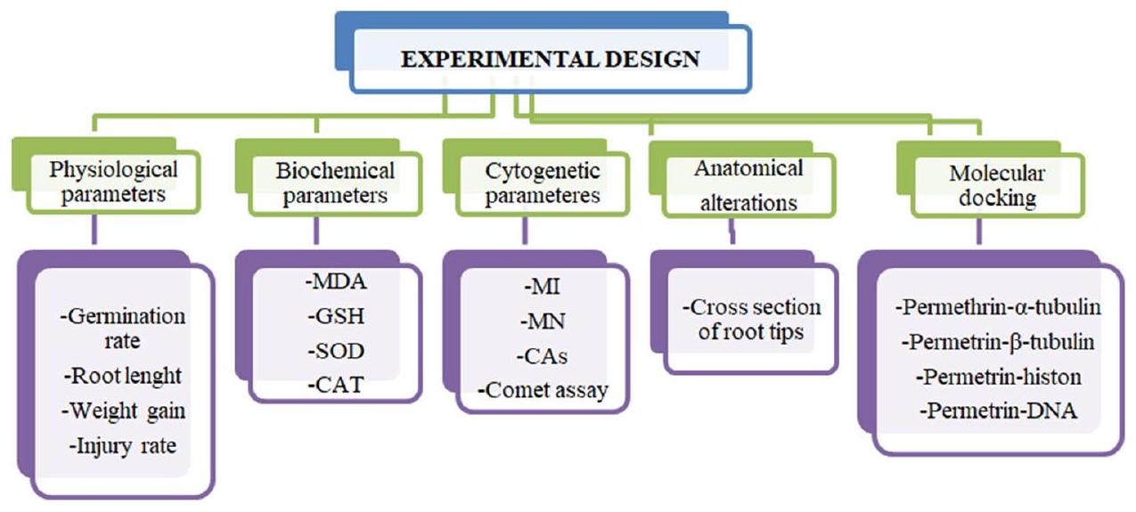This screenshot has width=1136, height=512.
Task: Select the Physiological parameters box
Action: [x=114, y=183]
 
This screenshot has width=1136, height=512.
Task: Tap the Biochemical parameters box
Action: [x=336, y=183]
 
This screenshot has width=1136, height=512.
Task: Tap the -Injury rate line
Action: [x=123, y=446]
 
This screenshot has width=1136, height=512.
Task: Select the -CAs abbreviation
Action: [x=543, y=357]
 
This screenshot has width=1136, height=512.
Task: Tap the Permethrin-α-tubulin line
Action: [x=997, y=309]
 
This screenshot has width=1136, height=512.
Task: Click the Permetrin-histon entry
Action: [x=998, y=377]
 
